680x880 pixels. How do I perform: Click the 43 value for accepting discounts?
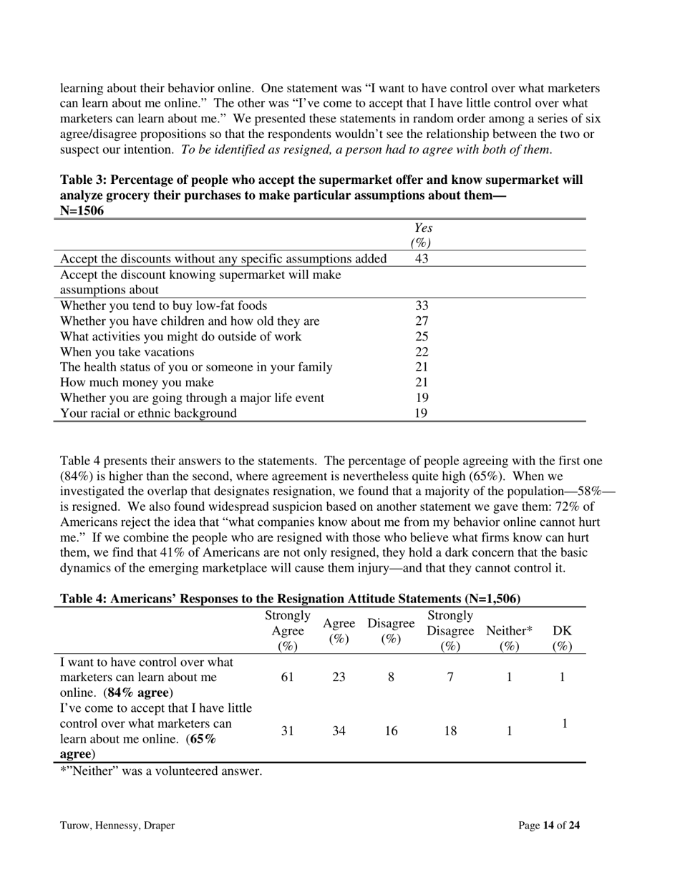[x=422, y=258]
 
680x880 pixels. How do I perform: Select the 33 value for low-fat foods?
[x=422, y=305]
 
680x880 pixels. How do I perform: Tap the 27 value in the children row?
[x=422, y=321]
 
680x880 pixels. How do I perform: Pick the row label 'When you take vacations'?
[x=127, y=352]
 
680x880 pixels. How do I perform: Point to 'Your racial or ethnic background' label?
[x=148, y=414]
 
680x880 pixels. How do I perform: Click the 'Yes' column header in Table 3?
[x=424, y=228]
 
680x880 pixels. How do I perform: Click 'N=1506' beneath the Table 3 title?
[x=82, y=211]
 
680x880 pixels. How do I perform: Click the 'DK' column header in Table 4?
[x=563, y=631]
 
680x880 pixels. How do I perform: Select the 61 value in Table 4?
[x=287, y=678]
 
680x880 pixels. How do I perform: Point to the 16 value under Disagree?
[x=391, y=730]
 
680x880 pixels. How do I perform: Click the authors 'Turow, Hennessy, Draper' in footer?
[x=117, y=826]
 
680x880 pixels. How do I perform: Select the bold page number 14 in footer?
[x=548, y=826]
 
